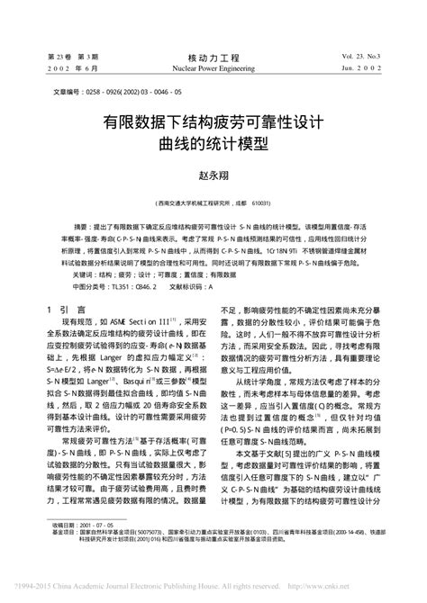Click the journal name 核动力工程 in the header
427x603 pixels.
click(213, 55)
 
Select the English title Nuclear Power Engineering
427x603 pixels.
click(213, 67)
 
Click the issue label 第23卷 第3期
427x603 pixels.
click(73, 56)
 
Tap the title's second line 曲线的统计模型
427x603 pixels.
click(213, 141)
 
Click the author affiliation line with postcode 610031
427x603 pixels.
click(213, 202)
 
